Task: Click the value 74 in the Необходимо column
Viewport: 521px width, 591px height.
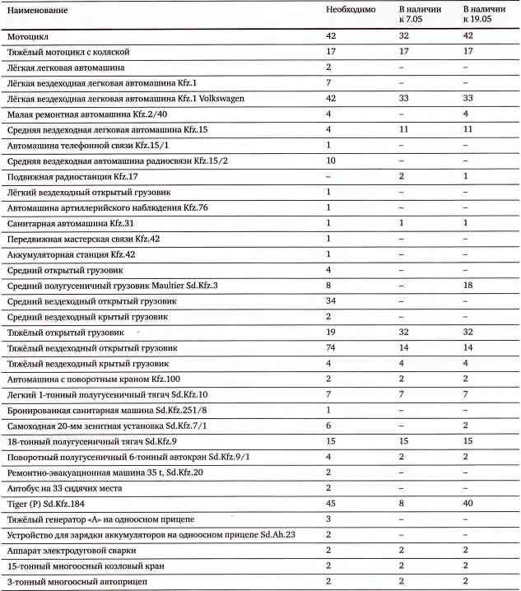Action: coord(331,348)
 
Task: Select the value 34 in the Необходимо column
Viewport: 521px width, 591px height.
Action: coord(331,301)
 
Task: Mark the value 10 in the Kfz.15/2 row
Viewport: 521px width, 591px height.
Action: coord(331,160)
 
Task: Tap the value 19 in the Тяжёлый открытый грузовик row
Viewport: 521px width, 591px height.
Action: coord(331,333)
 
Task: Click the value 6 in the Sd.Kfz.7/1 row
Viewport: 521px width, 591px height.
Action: coord(328,426)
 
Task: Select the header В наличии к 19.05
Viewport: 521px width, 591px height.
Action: coord(481,13)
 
